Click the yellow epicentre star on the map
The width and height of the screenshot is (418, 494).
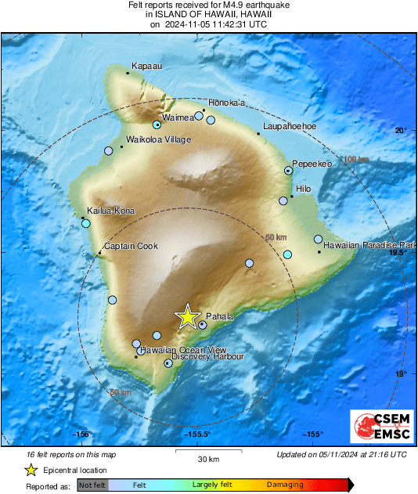(x=188, y=316)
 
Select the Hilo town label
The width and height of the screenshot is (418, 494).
(x=302, y=189)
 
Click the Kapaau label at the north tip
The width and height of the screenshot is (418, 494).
(x=146, y=67)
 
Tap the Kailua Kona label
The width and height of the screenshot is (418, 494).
(x=112, y=211)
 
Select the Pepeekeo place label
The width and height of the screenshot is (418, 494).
(x=314, y=164)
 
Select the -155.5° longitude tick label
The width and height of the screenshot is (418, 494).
(x=196, y=434)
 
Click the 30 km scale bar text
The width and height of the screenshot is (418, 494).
(x=207, y=459)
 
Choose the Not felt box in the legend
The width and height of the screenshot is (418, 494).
(x=92, y=485)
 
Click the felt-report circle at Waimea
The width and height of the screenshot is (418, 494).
(x=157, y=124)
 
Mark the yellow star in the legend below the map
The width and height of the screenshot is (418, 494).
(x=31, y=470)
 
